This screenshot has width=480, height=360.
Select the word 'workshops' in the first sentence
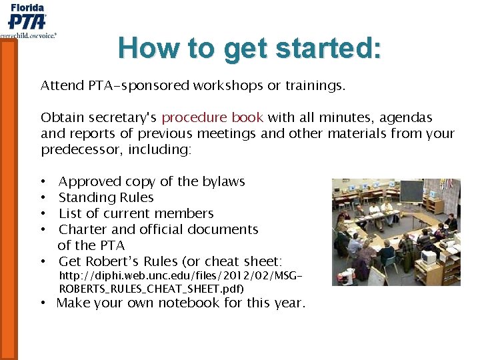[223, 85]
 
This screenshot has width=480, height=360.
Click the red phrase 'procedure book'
[213, 117]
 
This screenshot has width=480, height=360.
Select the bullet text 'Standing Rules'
[106, 197]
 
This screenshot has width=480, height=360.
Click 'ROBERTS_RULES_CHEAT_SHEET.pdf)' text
[151, 289]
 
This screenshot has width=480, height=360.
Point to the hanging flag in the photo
[446, 184]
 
